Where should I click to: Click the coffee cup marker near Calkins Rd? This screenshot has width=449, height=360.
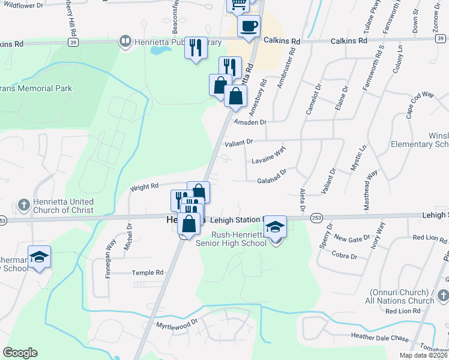coord(249,26)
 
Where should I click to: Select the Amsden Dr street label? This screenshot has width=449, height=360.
coord(250,122)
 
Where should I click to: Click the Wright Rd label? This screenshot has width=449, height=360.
coord(144,187)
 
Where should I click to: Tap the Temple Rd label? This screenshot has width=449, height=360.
coord(148,272)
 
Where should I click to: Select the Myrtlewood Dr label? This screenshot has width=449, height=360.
coord(177,325)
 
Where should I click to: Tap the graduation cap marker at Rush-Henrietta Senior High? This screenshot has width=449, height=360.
coord(276,226)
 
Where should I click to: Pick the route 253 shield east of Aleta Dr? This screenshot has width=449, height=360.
coord(316,220)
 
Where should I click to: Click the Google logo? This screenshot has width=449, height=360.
coord(20,353)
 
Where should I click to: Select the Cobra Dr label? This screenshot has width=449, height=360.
coord(345,256)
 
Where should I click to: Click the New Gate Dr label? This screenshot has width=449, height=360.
coord(348,238)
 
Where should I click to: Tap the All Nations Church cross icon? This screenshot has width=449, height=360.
coord(443,296)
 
